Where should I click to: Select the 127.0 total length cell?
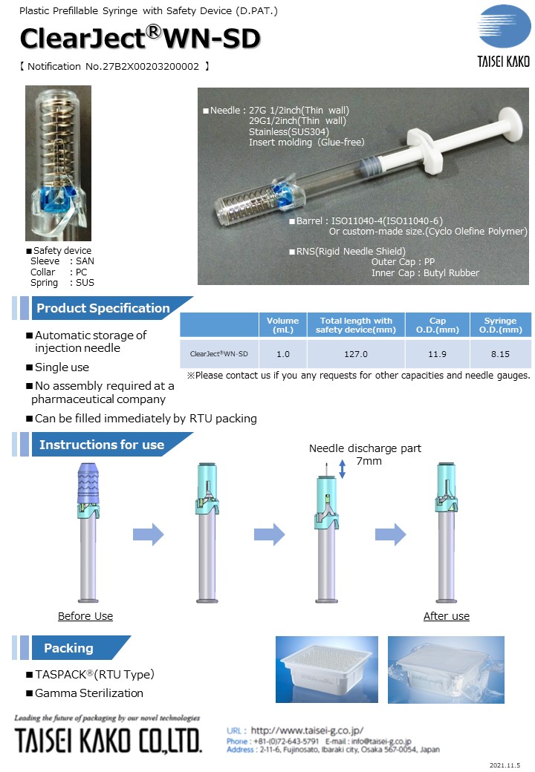(x=356, y=354)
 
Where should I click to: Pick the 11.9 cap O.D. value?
(x=438, y=354)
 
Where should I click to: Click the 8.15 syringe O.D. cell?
(x=500, y=354)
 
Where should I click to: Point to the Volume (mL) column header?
(x=283, y=325)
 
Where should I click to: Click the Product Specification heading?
(x=103, y=308)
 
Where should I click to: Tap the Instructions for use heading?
(x=101, y=445)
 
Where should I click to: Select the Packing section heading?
(x=68, y=648)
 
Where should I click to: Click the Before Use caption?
(x=85, y=616)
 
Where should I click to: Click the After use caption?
(x=446, y=616)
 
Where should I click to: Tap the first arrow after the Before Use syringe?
(x=148, y=534)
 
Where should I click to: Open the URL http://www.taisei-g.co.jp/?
(x=307, y=730)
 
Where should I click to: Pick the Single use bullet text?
(x=62, y=367)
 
